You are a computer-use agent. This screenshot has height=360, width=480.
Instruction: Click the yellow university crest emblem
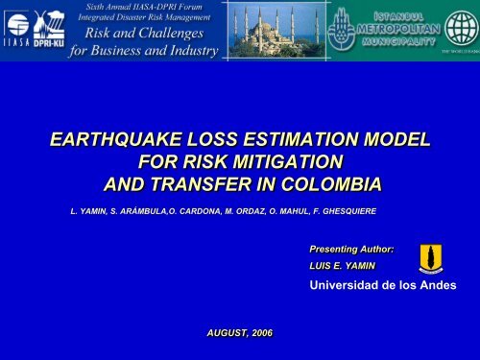431,257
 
